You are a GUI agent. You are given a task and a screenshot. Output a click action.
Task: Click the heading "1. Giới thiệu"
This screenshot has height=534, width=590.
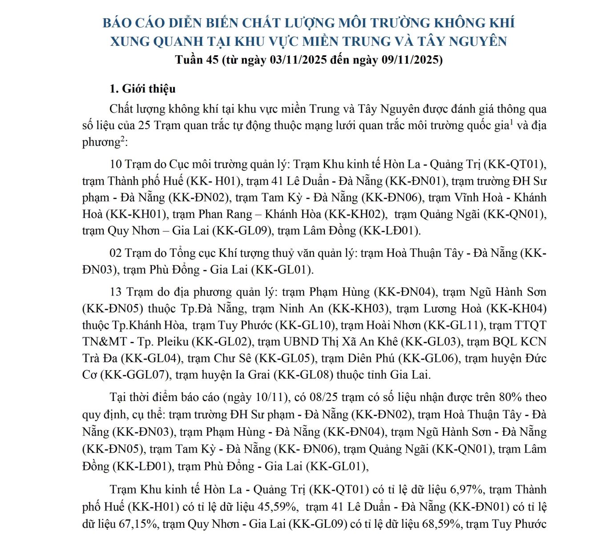142,89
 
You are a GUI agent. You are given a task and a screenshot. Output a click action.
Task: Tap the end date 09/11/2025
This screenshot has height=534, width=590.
410,60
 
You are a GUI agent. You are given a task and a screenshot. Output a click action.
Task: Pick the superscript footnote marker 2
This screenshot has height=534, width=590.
122,139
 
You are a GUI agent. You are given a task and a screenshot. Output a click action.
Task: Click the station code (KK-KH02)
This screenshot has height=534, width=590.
355,214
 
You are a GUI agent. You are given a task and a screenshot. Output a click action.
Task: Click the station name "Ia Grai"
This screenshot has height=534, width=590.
251,375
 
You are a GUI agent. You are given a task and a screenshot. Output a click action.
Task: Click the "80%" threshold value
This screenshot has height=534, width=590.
509,397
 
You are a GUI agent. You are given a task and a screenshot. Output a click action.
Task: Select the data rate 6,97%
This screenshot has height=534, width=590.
467,490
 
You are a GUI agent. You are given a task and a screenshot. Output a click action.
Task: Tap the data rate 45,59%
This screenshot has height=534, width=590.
278,507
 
